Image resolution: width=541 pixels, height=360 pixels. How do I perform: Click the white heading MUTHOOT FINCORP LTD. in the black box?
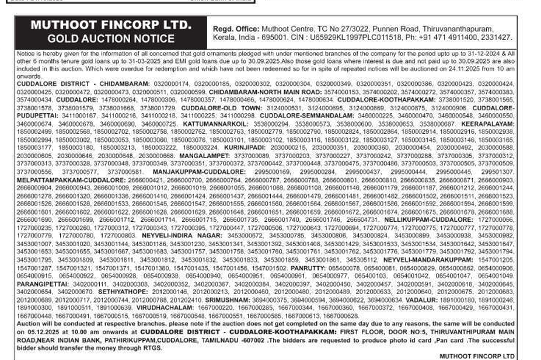[x=110, y=25]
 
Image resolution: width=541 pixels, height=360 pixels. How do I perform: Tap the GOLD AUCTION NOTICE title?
[x=111, y=39]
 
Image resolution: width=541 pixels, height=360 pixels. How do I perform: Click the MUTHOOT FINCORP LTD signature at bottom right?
[x=477, y=355]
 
